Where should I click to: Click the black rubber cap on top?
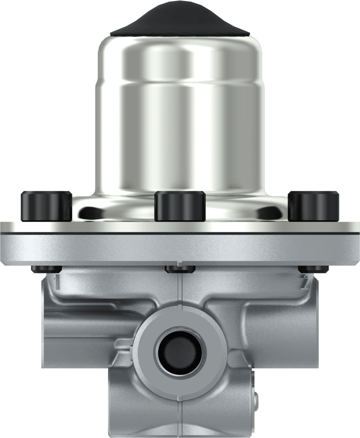pyautogui.click(x=180, y=21)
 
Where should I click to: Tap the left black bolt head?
pyautogui.click(x=46, y=206)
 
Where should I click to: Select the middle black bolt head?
pyautogui.click(x=180, y=206)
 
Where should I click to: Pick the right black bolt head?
pyautogui.click(x=313, y=206)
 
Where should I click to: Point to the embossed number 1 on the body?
pyautogui.click(x=56, y=282)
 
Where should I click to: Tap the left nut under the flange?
pyautogui.click(x=45, y=269)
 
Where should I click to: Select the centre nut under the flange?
pyautogui.click(x=180, y=269)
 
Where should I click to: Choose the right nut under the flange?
pyautogui.click(x=314, y=269)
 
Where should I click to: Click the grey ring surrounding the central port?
pyautogui.click(x=180, y=327)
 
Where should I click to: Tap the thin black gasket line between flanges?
pyautogui.click(x=180, y=232)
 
